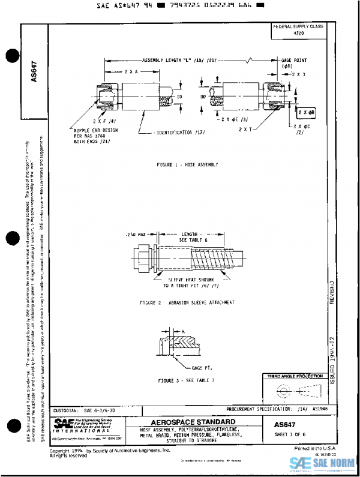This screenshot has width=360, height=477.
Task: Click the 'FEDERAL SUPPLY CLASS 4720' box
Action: click(x=298, y=31)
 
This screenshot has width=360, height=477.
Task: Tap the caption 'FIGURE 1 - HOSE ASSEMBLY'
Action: click(x=187, y=164)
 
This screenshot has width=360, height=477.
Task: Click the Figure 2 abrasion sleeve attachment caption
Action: click(x=187, y=302)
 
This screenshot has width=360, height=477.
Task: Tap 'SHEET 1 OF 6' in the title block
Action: click(x=290, y=434)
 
